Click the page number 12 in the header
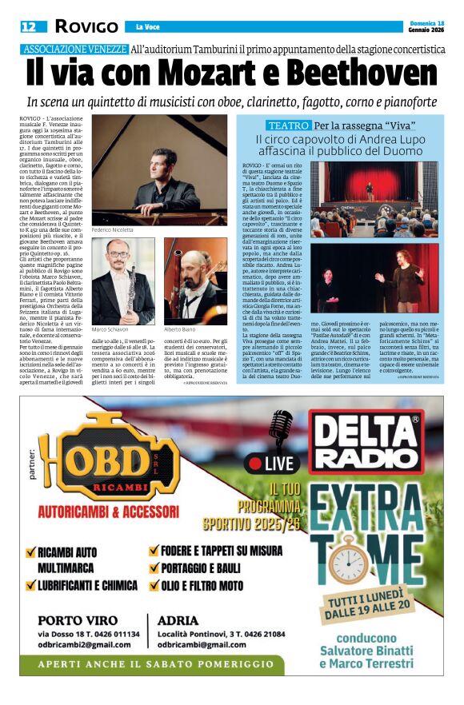pyautogui.click(x=28, y=27)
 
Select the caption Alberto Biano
pyautogui.click(x=180, y=329)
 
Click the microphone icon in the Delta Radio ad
pyautogui.click(x=281, y=430)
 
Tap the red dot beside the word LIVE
pyautogui.click(x=255, y=464)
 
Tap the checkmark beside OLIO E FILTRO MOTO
pyautogui.click(x=154, y=584)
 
